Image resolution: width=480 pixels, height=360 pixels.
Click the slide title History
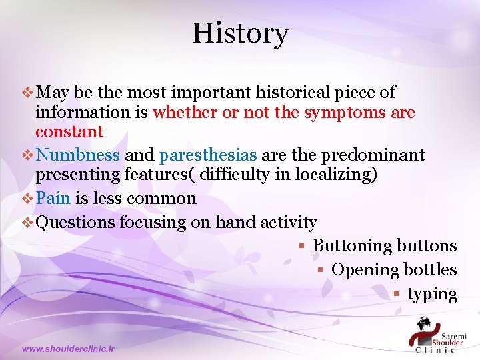(240, 33)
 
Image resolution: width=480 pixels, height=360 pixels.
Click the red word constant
(69, 131)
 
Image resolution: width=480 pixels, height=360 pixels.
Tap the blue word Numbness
(77, 155)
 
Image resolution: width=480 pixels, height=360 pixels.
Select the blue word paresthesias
(208, 155)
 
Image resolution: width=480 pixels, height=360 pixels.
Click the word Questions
(75, 222)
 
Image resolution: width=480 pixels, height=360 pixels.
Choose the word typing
(432, 294)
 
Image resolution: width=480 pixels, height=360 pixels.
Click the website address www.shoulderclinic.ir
(68, 349)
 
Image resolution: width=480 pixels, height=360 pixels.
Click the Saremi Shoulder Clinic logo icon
(422, 331)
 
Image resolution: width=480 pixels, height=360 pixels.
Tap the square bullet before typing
(395, 294)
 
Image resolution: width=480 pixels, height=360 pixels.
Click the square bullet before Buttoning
(301, 246)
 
